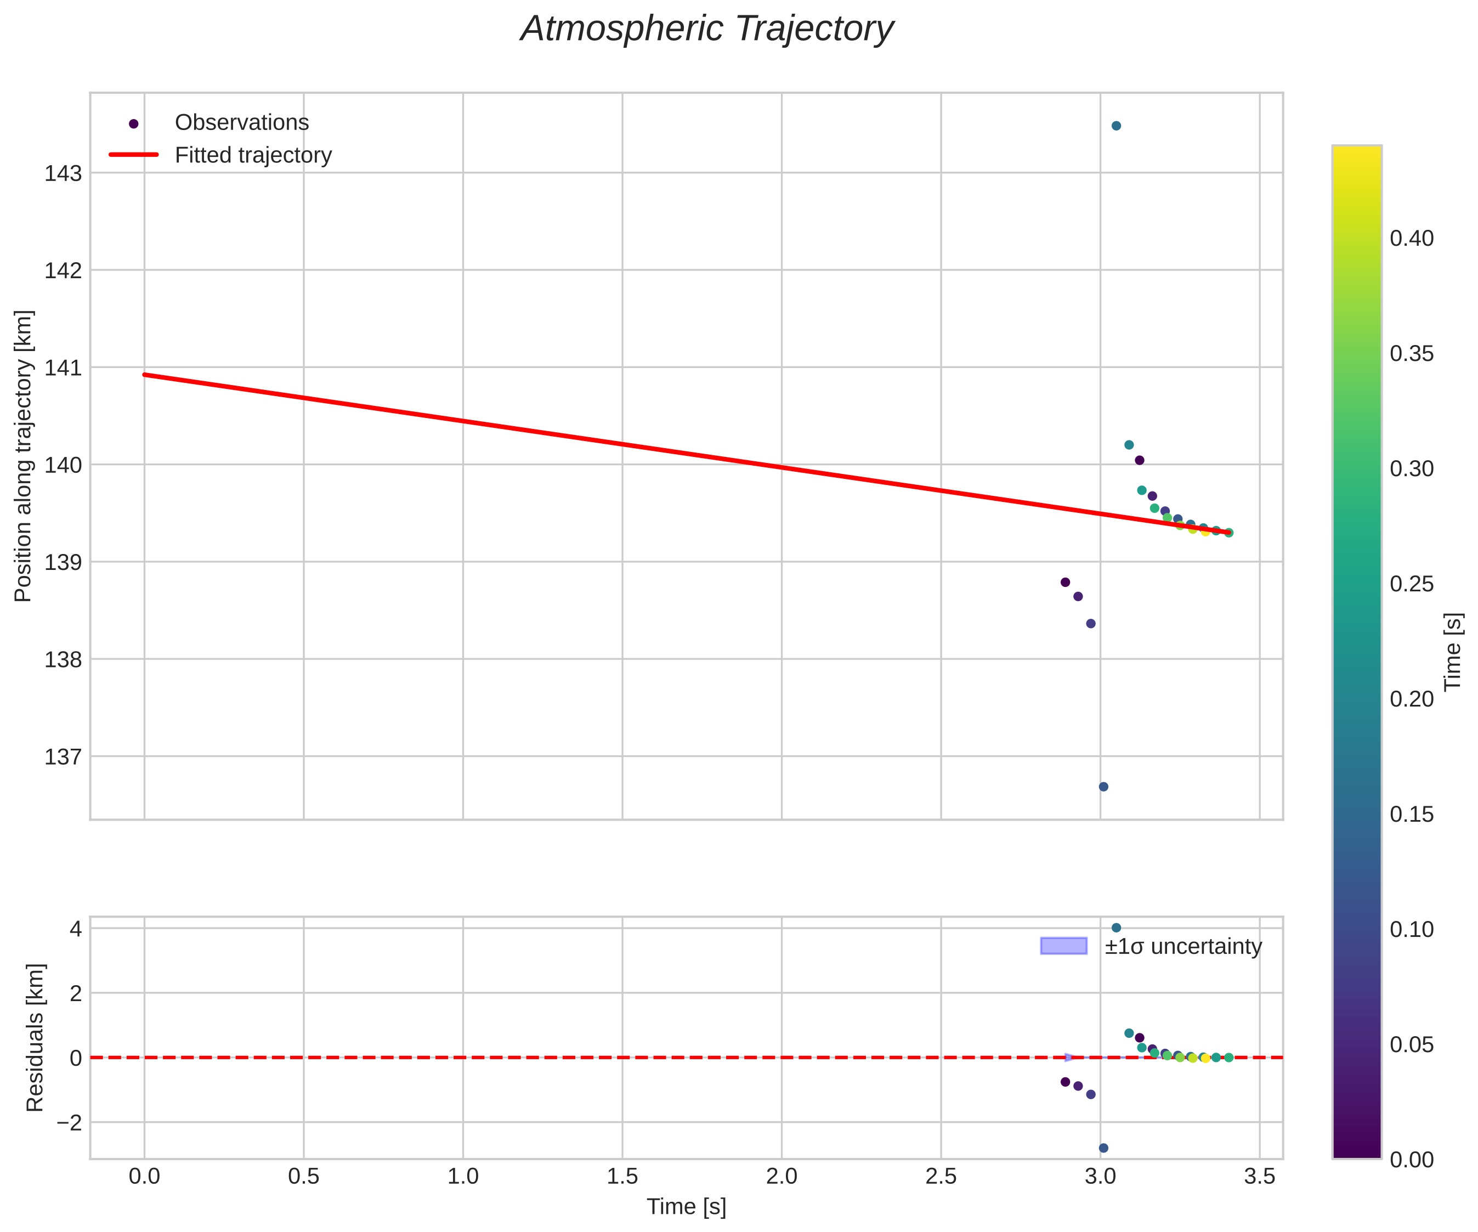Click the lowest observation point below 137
pyautogui.click(x=1103, y=787)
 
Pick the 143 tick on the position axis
pyautogui.click(x=64, y=173)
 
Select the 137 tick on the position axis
pyautogui.click(x=64, y=757)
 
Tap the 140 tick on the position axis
pyautogui.click(x=64, y=465)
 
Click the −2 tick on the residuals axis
pyautogui.click(x=69, y=1122)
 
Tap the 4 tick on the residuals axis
pyautogui.click(x=75, y=929)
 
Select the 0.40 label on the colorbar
pyautogui.click(x=1411, y=239)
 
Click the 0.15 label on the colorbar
pyautogui.click(x=1411, y=815)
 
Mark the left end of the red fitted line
pyautogui.click(x=145, y=375)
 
